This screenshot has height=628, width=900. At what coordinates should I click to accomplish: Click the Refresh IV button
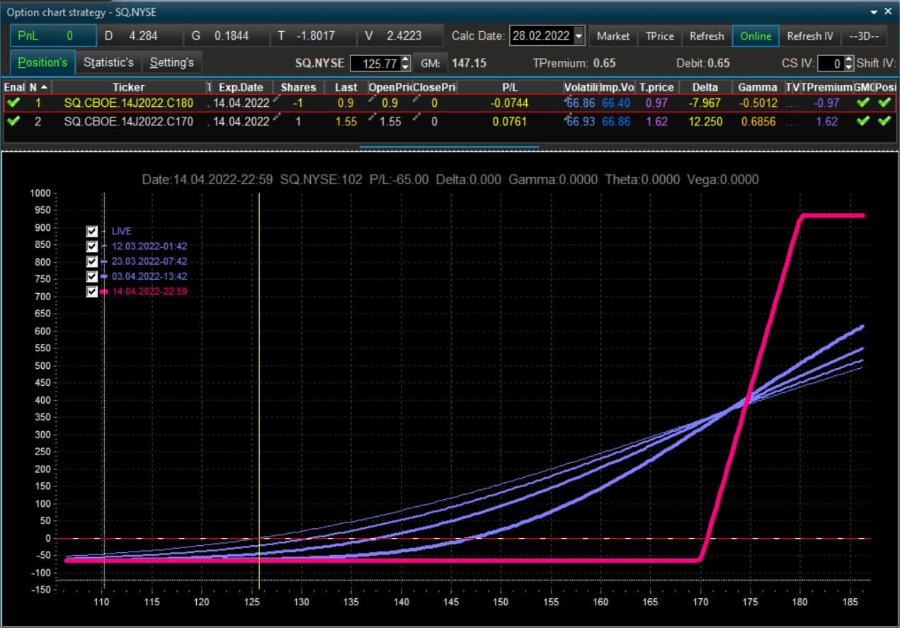809,36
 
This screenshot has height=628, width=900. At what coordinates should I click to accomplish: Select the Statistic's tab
108,63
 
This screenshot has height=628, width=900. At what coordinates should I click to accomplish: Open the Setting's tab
171,63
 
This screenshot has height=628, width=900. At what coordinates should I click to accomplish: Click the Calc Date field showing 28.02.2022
541,36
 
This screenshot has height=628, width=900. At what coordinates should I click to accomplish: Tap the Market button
613,36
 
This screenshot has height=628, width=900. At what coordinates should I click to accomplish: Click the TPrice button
659,36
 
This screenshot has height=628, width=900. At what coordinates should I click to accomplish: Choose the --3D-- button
864,36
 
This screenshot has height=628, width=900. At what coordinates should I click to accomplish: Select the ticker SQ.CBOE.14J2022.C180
129,103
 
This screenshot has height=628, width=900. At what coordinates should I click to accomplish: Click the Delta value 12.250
705,122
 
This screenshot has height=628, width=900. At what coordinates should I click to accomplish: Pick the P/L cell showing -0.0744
509,103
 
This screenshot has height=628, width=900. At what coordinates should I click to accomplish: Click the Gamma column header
758,87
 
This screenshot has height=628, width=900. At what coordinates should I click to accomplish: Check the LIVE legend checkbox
91,231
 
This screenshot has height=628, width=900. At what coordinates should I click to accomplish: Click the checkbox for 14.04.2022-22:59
91,291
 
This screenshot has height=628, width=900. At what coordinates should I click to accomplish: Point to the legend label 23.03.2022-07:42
149,261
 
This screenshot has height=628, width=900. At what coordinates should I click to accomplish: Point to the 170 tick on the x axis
700,602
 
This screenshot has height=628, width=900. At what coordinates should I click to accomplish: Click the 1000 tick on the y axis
40,193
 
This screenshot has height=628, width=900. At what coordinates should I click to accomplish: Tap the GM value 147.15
469,63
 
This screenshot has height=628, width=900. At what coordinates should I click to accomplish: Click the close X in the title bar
888,11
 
